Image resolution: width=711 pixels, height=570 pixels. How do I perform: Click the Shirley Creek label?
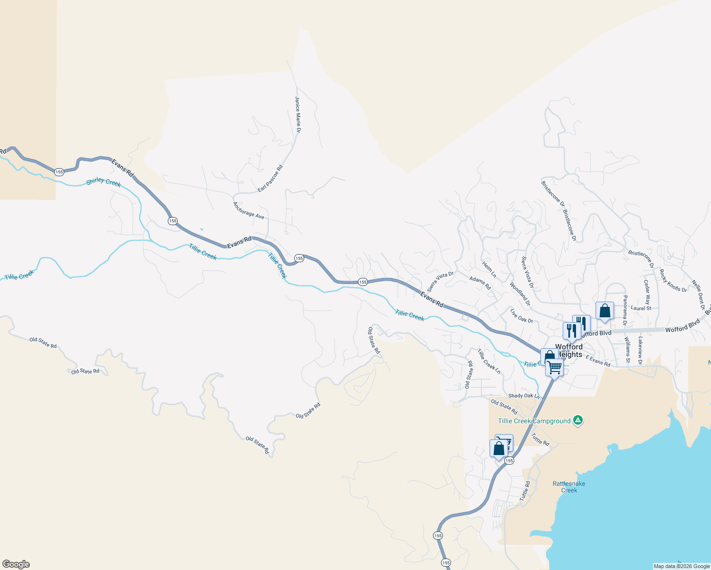(x=104, y=182)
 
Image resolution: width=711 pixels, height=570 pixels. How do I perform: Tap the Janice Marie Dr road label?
(x=298, y=114)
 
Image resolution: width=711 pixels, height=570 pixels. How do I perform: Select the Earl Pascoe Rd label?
(x=270, y=179)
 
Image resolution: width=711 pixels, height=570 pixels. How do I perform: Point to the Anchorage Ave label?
(x=248, y=210)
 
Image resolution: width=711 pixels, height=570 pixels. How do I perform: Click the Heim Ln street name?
(x=489, y=269)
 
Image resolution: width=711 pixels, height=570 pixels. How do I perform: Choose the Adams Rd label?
(x=480, y=283)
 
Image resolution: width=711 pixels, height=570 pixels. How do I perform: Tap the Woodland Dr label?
(x=520, y=294)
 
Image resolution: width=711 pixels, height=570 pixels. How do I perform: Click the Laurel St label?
(x=641, y=308)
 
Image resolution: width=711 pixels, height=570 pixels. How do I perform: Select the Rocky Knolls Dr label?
(x=673, y=281)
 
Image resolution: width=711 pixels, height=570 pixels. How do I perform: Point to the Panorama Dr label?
(x=625, y=310)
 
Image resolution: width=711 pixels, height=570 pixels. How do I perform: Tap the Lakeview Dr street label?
(x=640, y=351)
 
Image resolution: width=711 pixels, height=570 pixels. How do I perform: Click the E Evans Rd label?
(x=598, y=361)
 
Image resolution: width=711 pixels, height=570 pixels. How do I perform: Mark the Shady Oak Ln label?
(x=524, y=396)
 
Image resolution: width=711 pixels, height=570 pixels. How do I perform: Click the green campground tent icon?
(x=577, y=420)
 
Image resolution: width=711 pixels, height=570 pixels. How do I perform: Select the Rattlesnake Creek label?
(x=569, y=487)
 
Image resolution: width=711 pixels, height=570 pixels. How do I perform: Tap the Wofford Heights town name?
(x=569, y=351)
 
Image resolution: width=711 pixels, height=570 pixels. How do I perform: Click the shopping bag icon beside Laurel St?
(x=605, y=312)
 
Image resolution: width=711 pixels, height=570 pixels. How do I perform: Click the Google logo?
(x=16, y=564)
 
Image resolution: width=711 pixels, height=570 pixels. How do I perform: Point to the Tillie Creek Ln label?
(x=489, y=361)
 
